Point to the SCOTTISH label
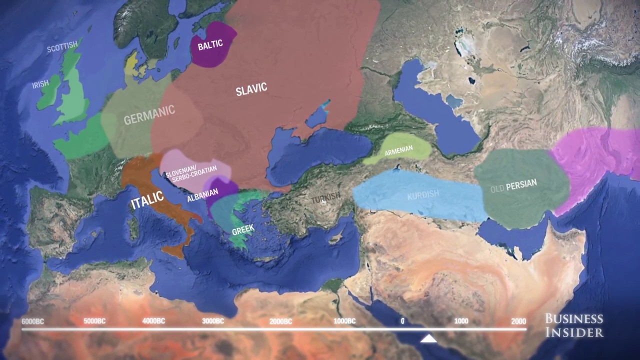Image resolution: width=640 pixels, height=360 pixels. pyautogui.click(x=62, y=47)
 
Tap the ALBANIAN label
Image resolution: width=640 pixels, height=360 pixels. pyautogui.click(x=202, y=197)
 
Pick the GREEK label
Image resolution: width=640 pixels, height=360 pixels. pyautogui.click(x=243, y=229)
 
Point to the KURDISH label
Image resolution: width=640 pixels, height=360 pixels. pyautogui.click(x=422, y=194)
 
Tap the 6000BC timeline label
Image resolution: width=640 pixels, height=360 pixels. pyautogui.click(x=32, y=321)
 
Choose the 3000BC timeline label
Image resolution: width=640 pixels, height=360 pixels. pyautogui.click(x=213, y=321)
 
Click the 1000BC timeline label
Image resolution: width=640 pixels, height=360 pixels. pyautogui.click(x=344, y=321)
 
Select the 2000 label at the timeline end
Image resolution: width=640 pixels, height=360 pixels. pyautogui.click(x=518, y=321)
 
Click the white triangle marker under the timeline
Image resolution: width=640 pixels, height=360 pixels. pyautogui.click(x=428, y=339)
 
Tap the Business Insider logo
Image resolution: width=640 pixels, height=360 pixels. pyautogui.click(x=574, y=325)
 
